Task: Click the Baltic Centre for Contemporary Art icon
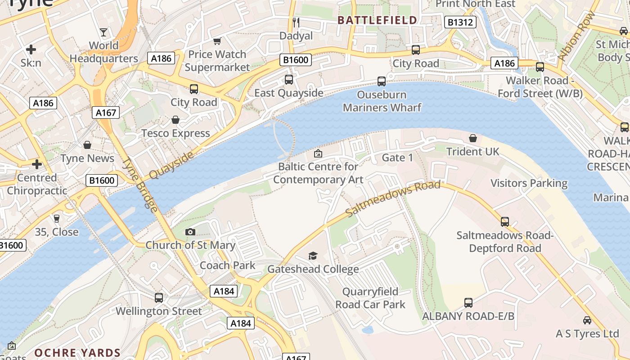click(318, 153)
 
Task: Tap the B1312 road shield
click(460, 22)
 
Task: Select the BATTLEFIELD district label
click(377, 20)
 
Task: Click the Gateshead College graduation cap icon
click(313, 256)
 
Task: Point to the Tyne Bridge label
click(140, 184)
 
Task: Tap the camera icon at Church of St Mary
click(190, 232)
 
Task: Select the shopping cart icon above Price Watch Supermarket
click(217, 41)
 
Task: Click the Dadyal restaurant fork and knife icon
click(296, 22)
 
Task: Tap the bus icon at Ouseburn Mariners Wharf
click(382, 81)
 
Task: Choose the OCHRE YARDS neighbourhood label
click(77, 353)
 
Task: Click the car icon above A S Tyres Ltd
click(587, 320)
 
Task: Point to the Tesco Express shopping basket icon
click(175, 120)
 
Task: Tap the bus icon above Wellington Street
click(159, 298)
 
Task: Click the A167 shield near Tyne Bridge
click(106, 112)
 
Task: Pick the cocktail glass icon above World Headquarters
click(103, 32)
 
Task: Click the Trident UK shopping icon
click(473, 138)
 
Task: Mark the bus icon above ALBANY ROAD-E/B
click(468, 303)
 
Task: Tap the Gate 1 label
click(397, 157)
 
